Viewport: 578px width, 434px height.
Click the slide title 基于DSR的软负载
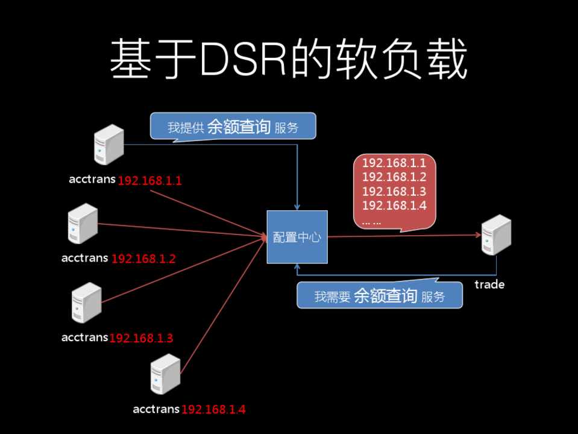[x=288, y=60]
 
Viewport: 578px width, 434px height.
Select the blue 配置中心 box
[x=297, y=237]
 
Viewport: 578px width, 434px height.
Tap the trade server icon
[x=497, y=236]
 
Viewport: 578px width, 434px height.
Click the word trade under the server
[x=489, y=284]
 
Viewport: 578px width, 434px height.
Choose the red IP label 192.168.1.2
[x=143, y=259]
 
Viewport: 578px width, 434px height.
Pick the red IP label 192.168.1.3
[x=141, y=338]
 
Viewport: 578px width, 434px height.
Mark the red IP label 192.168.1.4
[x=213, y=410]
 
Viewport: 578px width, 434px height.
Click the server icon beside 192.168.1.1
[x=109, y=145]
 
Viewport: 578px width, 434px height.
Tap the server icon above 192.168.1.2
[x=83, y=224]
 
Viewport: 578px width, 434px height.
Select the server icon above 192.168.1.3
[x=86, y=303]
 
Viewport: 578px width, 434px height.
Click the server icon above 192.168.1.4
[x=166, y=374]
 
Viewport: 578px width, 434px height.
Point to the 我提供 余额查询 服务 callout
[x=233, y=127]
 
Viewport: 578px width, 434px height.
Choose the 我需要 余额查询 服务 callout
[x=380, y=296]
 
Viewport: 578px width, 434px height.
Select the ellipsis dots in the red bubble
[x=372, y=221]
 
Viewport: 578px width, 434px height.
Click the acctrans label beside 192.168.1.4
[x=156, y=409]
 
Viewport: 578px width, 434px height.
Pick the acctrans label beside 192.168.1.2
[x=85, y=258]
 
